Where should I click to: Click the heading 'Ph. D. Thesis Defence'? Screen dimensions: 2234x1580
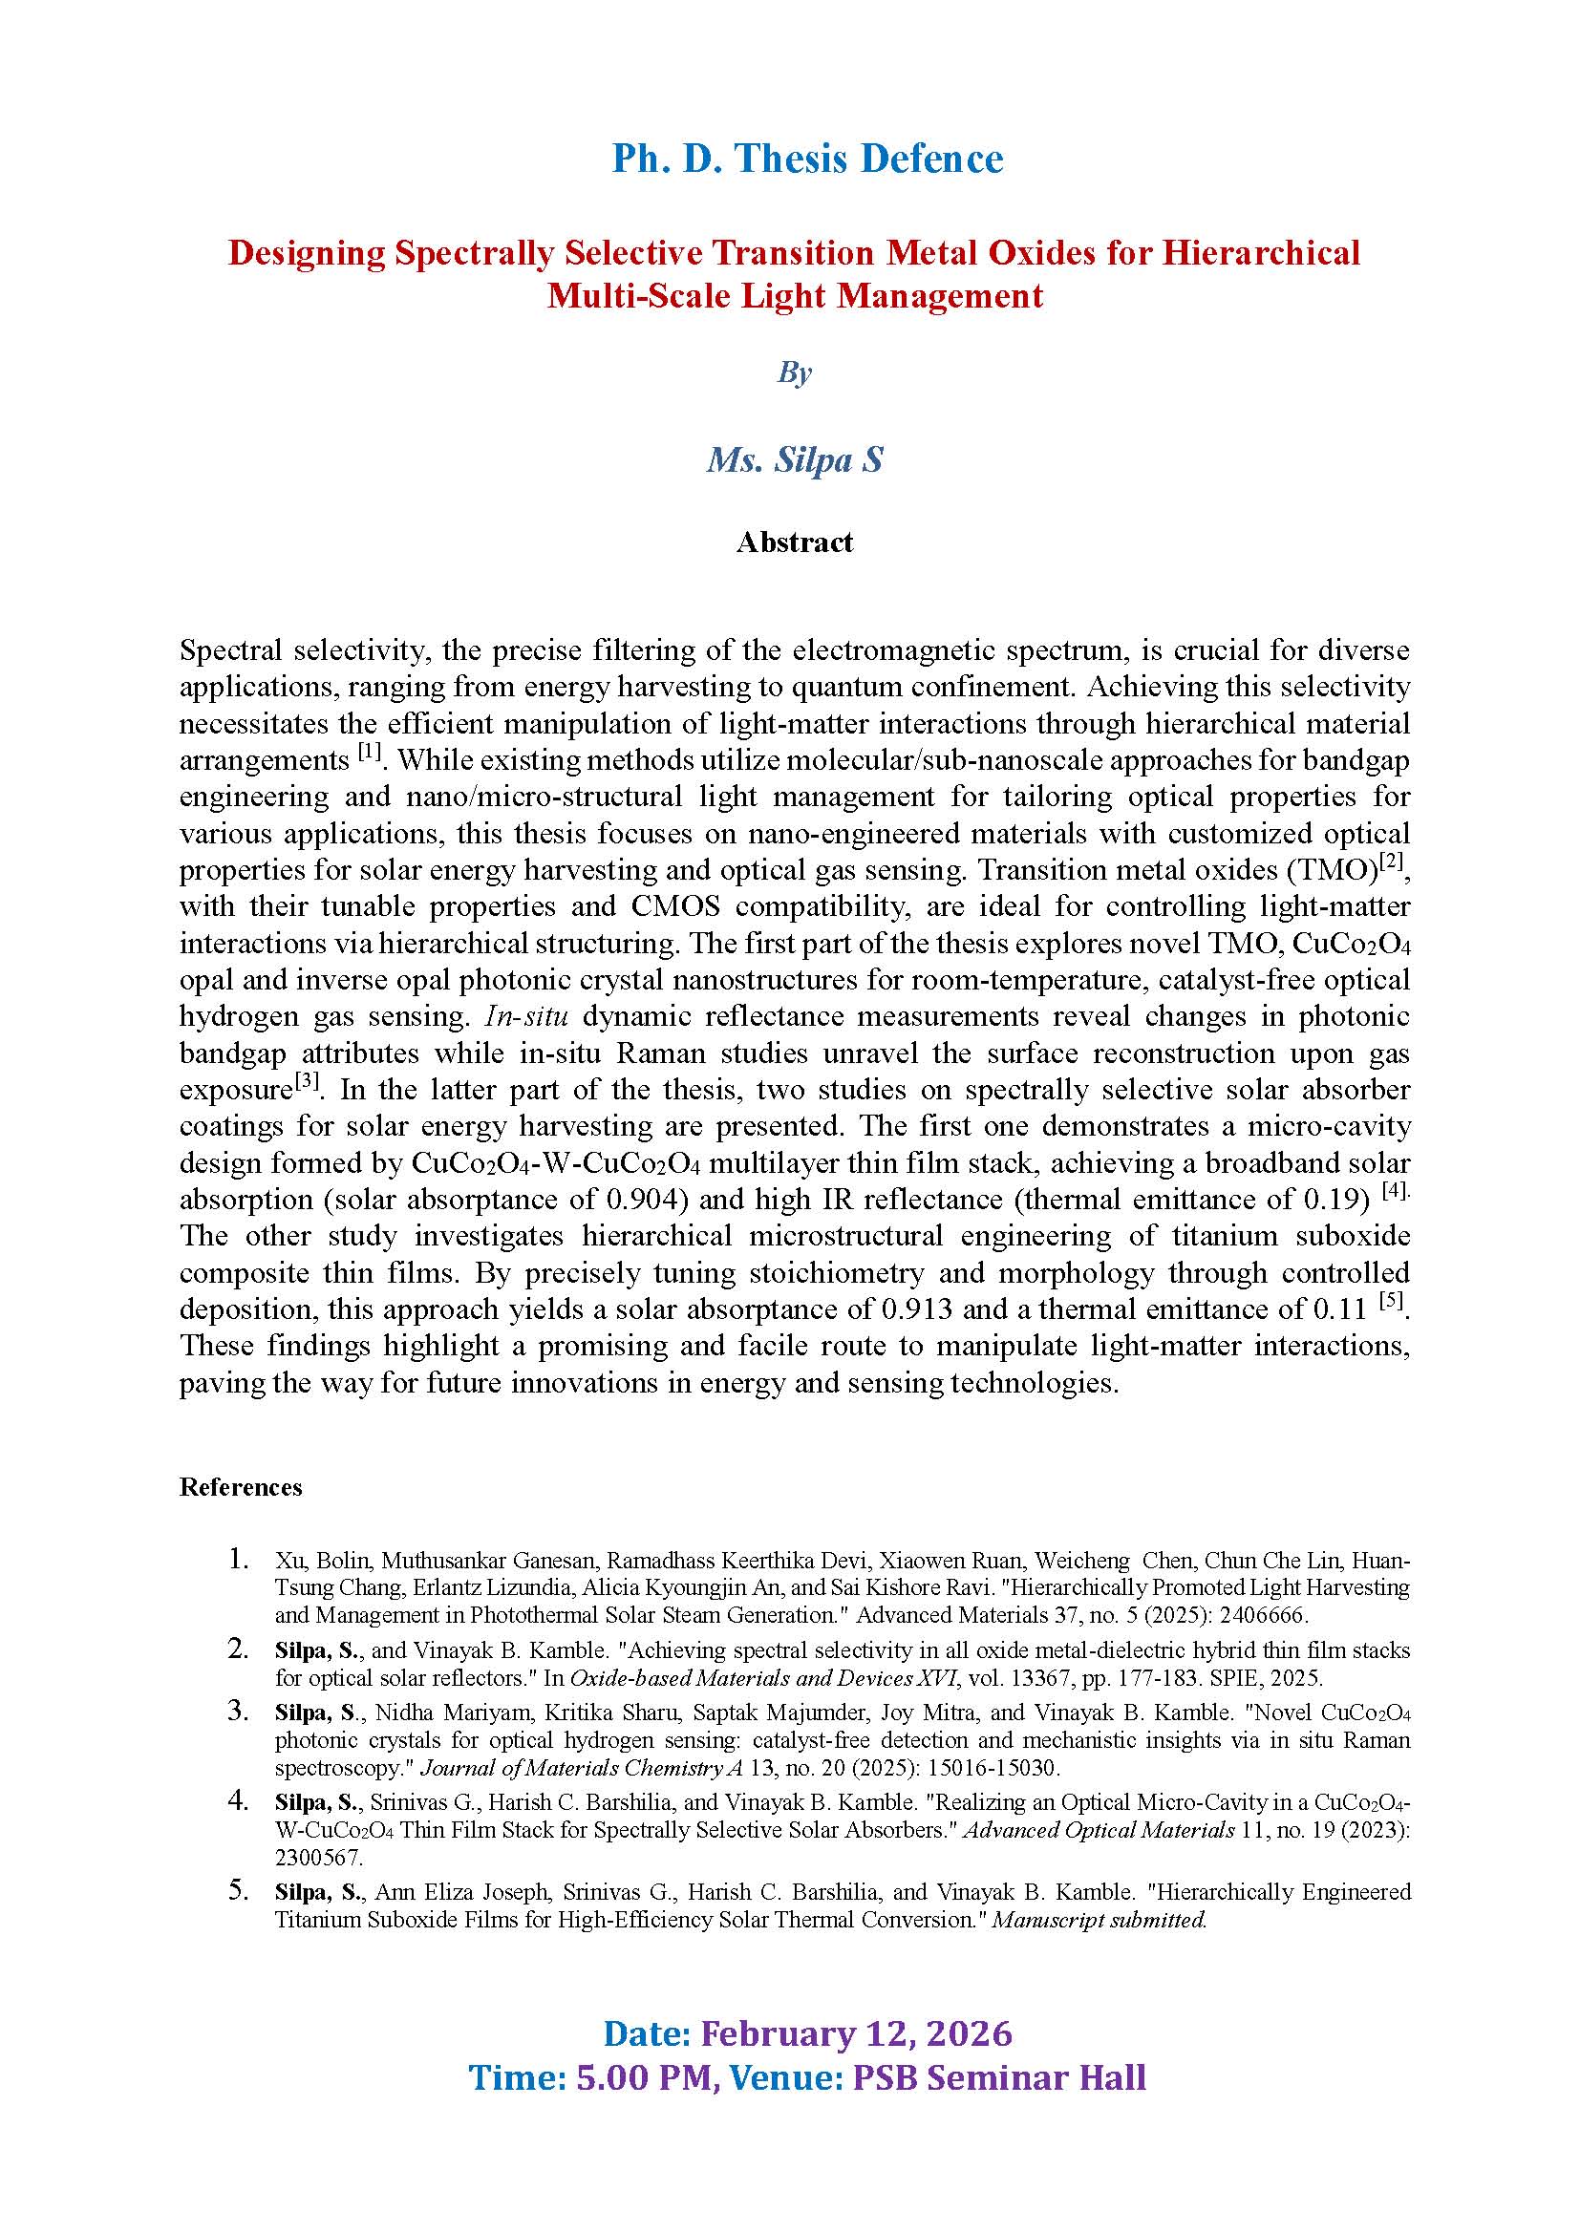pos(806,159)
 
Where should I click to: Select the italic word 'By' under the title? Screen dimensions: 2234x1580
pos(794,372)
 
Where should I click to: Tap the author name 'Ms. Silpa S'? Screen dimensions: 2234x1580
pos(794,459)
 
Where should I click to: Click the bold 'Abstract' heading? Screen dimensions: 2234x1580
pos(794,542)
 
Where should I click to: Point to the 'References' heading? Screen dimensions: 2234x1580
pos(241,1487)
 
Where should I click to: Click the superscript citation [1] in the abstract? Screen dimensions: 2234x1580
pos(369,751)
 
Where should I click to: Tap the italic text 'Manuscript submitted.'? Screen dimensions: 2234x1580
pos(1099,1920)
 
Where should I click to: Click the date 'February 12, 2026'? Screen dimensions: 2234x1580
pos(856,2033)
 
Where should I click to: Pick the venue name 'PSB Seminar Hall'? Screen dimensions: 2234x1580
pos(999,2077)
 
